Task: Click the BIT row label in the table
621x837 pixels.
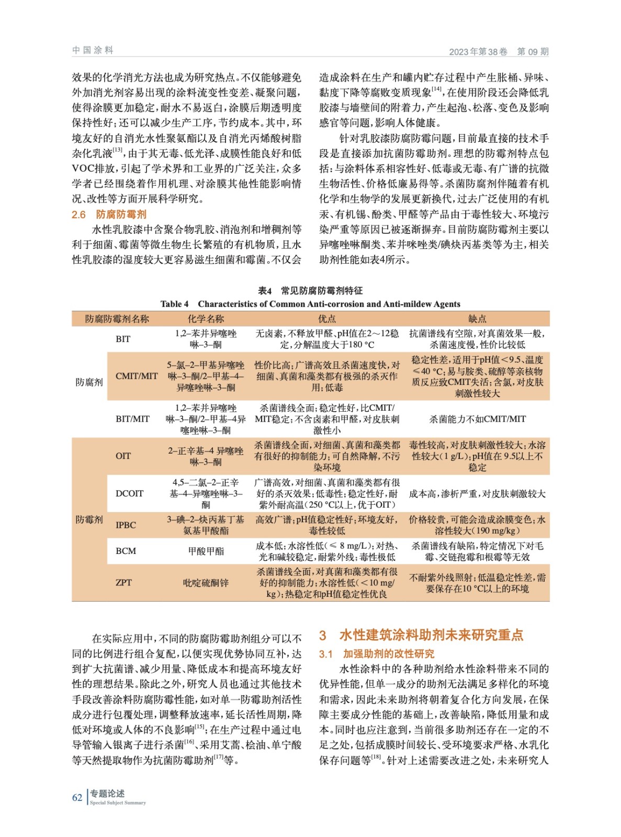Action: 123,339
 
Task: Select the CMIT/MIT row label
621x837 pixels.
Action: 137,376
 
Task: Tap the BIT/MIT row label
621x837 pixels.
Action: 132,419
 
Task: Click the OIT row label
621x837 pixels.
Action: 123,456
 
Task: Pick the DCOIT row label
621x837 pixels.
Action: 129,493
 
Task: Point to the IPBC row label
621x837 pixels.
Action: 126,525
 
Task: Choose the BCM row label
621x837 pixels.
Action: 126,551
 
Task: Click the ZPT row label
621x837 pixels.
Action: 123,583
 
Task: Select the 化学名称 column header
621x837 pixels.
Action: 206,319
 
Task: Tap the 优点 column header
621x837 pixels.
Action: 327,319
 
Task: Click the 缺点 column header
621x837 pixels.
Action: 477,319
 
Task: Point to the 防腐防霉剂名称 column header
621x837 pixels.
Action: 117,319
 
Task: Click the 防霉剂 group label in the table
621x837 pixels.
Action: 89,519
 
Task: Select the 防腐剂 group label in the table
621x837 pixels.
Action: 89,382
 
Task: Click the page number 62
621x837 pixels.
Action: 77,798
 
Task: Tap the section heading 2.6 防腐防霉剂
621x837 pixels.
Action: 109,214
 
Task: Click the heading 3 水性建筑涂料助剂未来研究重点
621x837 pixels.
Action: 421,635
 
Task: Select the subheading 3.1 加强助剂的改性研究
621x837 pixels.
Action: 377,654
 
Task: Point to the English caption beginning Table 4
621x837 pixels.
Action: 310,304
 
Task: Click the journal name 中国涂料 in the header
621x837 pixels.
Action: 93,50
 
